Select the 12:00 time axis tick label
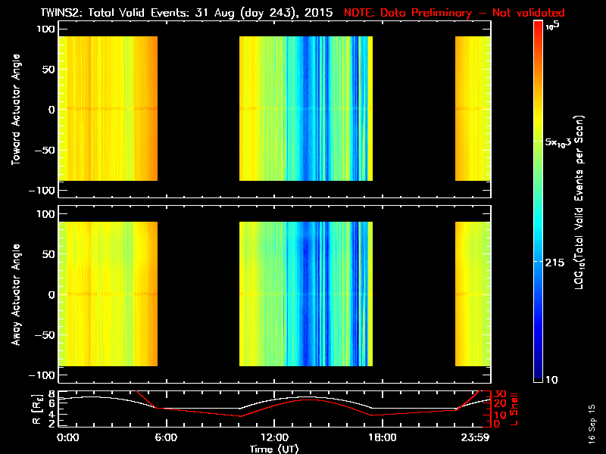tap(274, 437)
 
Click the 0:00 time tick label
tap(68, 437)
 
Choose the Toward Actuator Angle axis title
tap(15, 109)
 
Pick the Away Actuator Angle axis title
tap(15, 295)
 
